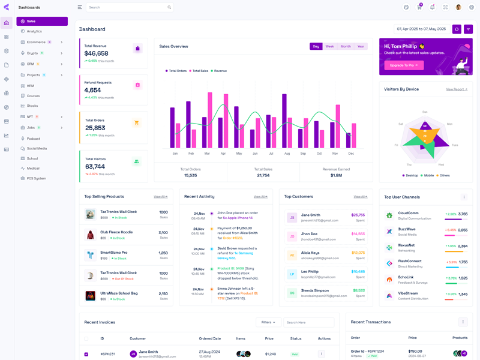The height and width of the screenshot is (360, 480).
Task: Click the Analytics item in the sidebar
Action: [x=34, y=31]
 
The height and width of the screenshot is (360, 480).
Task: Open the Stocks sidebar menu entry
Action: [x=32, y=106]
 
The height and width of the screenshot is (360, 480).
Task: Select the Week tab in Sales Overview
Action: [x=329, y=46]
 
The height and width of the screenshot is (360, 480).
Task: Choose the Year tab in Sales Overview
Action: [x=361, y=46]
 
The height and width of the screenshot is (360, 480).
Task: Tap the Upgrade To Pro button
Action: [x=403, y=65]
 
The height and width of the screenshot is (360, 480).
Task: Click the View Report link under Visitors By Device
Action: [x=457, y=89]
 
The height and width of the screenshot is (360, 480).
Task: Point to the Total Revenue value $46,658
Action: [x=96, y=53]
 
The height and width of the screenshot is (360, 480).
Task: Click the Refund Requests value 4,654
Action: [x=92, y=91]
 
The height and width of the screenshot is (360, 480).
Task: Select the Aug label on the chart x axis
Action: [x=287, y=154]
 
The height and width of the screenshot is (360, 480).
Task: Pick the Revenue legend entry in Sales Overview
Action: [x=220, y=71]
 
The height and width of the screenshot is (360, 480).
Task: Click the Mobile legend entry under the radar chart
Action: [x=428, y=175]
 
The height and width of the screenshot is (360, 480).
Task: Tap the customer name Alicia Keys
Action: [x=310, y=253]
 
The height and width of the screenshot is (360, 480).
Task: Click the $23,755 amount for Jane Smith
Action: [x=358, y=215]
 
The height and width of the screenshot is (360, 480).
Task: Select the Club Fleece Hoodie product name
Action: [x=116, y=232]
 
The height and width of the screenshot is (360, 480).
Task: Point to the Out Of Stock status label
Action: [x=124, y=278]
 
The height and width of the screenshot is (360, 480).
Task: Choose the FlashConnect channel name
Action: [x=410, y=261]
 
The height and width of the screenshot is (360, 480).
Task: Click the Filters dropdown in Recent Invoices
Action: [x=268, y=322]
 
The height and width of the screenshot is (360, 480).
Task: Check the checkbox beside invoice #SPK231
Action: [x=86, y=354]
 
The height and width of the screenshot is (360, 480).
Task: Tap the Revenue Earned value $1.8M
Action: [x=336, y=175]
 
